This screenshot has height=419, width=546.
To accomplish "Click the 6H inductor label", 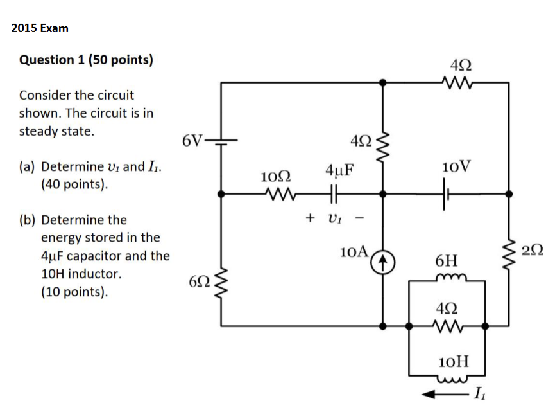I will pos(447,261).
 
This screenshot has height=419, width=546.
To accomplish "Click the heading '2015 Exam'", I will pos(40,28).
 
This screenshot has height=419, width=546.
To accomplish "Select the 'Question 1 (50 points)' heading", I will pos(86,60).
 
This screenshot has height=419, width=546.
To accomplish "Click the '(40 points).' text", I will pos(74,184).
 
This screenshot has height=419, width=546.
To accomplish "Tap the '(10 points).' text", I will pos(74,292).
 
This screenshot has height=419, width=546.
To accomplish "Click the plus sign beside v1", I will pos(310,217).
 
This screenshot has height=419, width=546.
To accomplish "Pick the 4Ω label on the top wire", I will pos(460,64).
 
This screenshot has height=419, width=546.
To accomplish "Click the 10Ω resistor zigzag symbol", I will pos(277,193).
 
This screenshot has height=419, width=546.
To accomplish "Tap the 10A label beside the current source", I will pos(354,251).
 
